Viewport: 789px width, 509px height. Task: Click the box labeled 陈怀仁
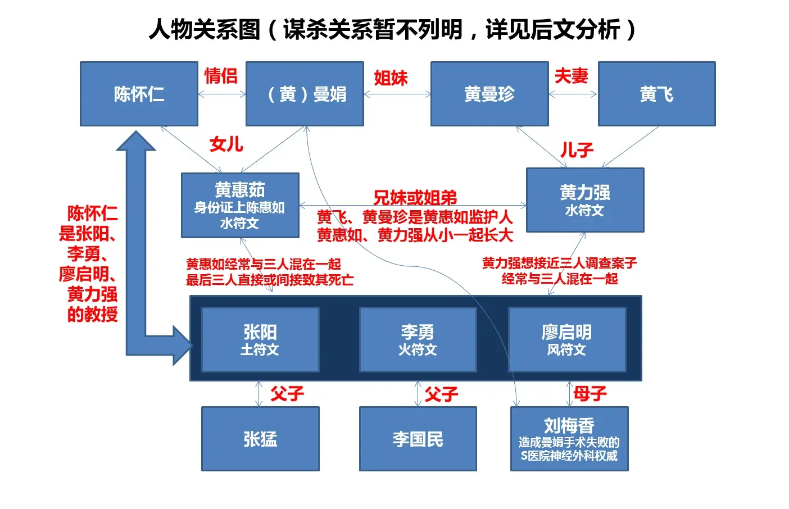(139, 94)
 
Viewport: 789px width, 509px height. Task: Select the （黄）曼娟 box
(305, 94)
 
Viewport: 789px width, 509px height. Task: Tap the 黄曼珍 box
(489, 94)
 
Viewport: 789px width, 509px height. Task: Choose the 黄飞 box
(657, 94)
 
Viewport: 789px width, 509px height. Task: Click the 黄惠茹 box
(240, 206)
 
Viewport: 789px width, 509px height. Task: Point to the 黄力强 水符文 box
(585, 200)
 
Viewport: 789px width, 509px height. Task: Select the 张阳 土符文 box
(260, 339)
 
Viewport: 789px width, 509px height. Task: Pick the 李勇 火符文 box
(418, 339)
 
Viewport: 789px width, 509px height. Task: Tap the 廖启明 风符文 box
(567, 339)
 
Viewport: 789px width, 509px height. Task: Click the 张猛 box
(260, 439)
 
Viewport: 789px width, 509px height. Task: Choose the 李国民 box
(418, 439)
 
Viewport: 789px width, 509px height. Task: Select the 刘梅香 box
(569, 439)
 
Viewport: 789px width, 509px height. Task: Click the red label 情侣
(221, 76)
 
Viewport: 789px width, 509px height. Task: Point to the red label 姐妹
(391, 78)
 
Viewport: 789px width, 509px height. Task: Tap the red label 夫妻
(572, 76)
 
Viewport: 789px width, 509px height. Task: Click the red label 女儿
(226, 144)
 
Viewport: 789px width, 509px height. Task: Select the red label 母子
(590, 393)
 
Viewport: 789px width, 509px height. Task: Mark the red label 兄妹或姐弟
(415, 198)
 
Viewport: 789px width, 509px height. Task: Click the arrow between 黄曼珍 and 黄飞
(573, 94)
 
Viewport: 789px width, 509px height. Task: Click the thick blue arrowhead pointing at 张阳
(183, 346)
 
